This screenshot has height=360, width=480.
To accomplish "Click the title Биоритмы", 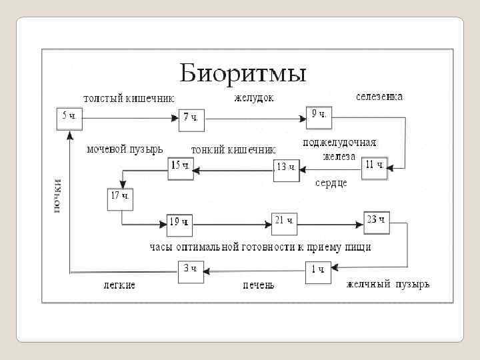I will (x=243, y=72).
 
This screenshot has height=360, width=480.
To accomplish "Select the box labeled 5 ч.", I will (x=69, y=117).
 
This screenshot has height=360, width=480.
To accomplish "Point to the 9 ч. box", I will (x=319, y=116).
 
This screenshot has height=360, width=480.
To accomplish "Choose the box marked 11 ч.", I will (x=375, y=167).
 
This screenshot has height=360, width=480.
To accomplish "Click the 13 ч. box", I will (x=286, y=169).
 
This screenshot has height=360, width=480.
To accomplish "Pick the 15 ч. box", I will (x=181, y=167).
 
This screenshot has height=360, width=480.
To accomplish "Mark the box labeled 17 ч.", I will (x=120, y=198).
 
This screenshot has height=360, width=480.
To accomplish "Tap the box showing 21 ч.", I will (x=285, y=222).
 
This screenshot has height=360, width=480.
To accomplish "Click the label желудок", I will (x=253, y=99).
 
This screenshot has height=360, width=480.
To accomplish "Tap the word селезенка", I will (x=379, y=97).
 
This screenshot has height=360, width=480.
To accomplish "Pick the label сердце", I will (x=331, y=183).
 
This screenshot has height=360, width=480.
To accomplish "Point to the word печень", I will (x=258, y=285).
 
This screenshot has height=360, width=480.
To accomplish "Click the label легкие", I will (x=119, y=285).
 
